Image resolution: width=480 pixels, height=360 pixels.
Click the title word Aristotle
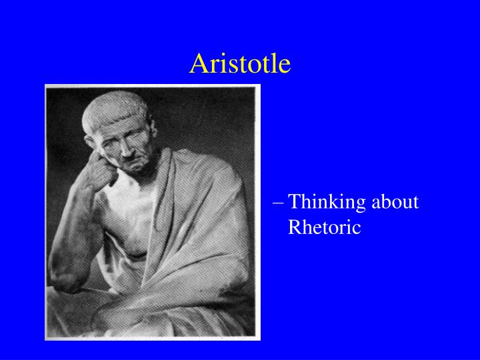pyautogui.click(x=240, y=63)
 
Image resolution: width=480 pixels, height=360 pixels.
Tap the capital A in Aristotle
pyautogui.click(x=197, y=63)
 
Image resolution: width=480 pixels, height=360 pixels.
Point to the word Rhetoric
pyautogui.click(x=324, y=227)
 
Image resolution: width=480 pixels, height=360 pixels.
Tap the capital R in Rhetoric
pyautogui.click(x=294, y=227)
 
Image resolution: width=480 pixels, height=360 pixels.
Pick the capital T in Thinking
pyautogui.click(x=295, y=202)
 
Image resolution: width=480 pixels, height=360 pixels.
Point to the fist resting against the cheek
pyautogui.click(x=101, y=175)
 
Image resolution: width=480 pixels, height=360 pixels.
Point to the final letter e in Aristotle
pyautogui.click(x=285, y=65)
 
